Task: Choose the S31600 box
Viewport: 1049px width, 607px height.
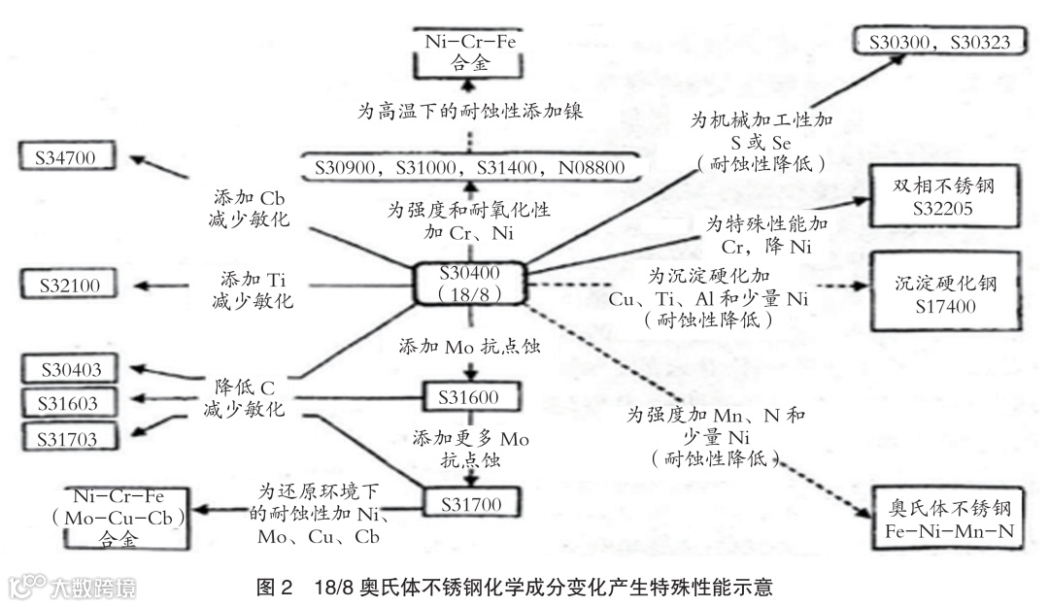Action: tap(469, 397)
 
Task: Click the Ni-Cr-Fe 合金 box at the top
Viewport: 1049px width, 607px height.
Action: tap(472, 52)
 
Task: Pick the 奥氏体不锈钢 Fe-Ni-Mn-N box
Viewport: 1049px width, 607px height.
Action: tap(949, 522)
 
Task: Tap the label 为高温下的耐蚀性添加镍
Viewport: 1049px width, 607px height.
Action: tap(470, 111)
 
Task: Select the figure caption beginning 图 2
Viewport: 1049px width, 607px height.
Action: tap(514, 588)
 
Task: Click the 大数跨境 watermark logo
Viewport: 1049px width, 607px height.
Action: tap(73, 587)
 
